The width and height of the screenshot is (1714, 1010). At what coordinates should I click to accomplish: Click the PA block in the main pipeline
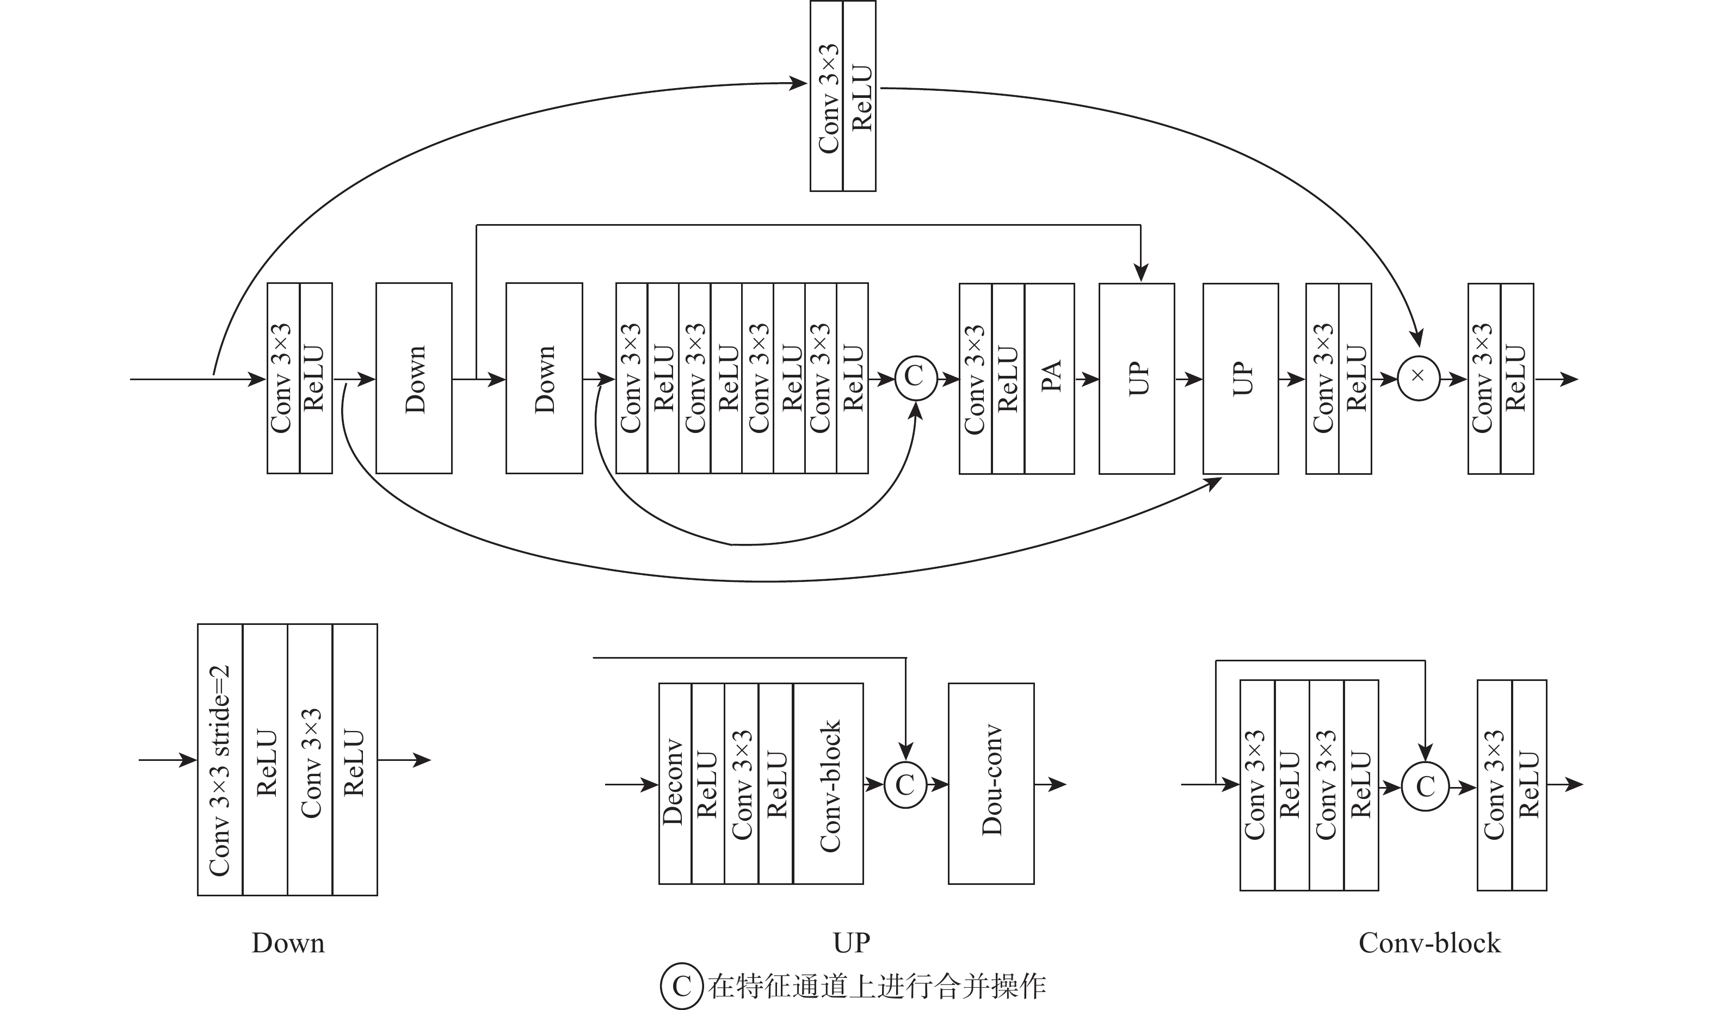tap(1049, 379)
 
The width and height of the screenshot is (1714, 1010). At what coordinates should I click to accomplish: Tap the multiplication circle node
tap(1419, 379)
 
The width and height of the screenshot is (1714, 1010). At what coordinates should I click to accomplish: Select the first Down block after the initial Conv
tap(414, 379)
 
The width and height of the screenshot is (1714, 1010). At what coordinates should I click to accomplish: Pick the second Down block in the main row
tap(544, 379)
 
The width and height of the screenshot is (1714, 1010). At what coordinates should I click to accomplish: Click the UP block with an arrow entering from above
tap(1136, 379)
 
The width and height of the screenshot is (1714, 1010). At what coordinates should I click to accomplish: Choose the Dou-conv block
tap(990, 784)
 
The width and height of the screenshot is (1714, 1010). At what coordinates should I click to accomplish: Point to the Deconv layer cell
tap(675, 784)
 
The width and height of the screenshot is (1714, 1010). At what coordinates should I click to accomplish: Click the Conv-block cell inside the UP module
tap(828, 784)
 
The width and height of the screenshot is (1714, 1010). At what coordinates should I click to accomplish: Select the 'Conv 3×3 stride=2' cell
tap(220, 760)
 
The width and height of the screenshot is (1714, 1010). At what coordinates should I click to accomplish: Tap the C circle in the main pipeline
tap(916, 379)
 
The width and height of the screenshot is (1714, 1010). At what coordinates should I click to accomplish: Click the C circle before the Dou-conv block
tap(905, 785)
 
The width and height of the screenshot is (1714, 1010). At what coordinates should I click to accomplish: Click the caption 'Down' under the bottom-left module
tap(288, 943)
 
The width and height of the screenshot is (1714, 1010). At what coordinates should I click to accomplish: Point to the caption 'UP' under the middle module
tap(851, 943)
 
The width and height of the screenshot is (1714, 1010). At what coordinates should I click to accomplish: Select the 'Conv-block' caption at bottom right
tap(1429, 943)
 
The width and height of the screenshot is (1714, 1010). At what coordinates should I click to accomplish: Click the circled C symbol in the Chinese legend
tap(681, 986)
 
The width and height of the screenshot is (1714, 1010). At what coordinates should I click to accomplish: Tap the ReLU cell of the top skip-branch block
tap(859, 95)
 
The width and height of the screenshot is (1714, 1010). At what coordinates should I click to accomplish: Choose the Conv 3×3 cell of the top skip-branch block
tap(827, 95)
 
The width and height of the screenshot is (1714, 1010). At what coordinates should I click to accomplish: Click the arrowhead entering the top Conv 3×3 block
tap(799, 83)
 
